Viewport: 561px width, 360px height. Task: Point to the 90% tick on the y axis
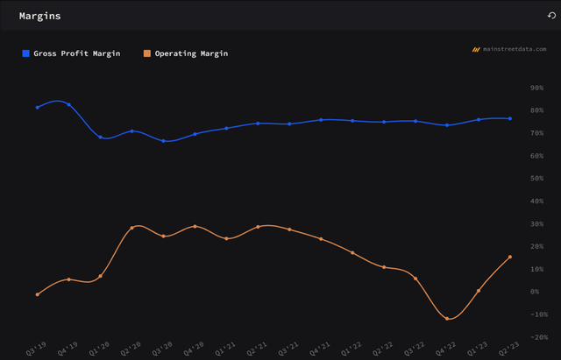click(533, 88)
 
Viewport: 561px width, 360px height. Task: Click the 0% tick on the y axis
click(535, 292)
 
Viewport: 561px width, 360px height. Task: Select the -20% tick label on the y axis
click(531, 336)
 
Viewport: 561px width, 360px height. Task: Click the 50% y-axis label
click(533, 179)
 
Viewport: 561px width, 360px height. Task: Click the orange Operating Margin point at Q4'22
click(447, 319)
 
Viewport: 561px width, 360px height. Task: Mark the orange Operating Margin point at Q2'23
click(510, 257)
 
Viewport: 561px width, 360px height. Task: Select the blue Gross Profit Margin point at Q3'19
click(37, 107)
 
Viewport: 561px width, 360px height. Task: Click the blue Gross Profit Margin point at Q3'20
click(163, 141)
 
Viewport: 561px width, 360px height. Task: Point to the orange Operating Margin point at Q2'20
click(131, 228)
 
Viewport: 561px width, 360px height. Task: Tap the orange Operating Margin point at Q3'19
click(37, 294)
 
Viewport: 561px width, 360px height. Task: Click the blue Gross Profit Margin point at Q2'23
click(510, 118)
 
